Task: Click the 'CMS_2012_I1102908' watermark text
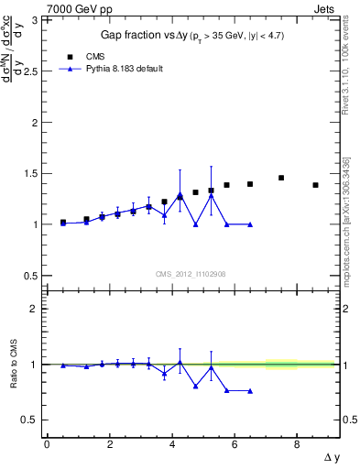190,273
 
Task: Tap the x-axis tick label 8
297,444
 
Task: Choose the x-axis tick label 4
171,444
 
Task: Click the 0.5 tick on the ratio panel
33,420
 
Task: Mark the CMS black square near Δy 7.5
281,178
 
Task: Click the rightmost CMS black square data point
315,185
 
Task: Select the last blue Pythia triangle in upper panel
250,224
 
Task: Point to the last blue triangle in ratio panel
250,390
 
